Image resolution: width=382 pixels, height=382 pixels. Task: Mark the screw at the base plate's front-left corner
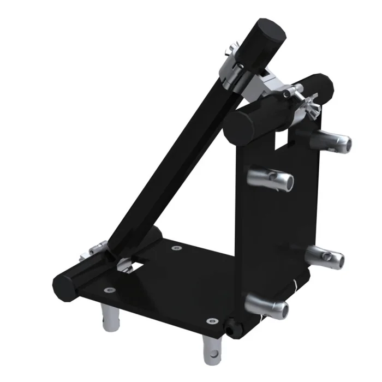tap(110, 290)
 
